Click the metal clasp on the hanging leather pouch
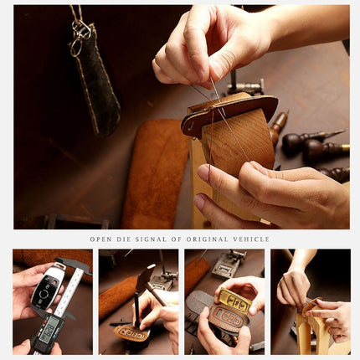click(x=81, y=32)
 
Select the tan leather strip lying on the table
click(x=156, y=172)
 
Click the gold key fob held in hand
click(x=234, y=301)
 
